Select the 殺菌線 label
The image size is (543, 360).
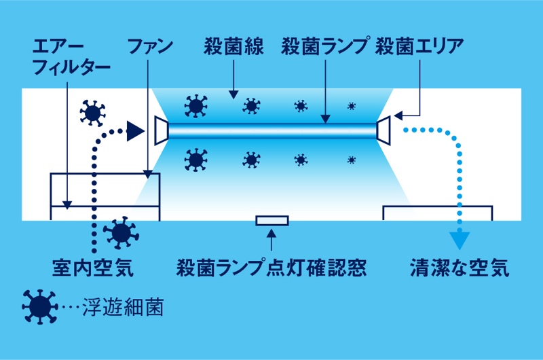click(x=231, y=47)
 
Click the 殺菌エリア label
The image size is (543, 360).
click(x=419, y=47)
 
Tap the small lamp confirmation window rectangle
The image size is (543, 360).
click(x=271, y=220)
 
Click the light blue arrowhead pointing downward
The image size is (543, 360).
click(x=460, y=240)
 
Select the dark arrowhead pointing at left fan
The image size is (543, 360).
click(x=136, y=130)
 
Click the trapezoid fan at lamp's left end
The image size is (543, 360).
click(x=160, y=130)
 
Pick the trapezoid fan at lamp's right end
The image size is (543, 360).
click(x=383, y=130)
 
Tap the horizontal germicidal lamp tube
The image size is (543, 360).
click(x=271, y=130)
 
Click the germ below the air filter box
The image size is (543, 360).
click(x=120, y=233)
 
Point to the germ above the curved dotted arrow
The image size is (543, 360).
click(x=93, y=111)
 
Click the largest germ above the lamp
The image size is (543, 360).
click(x=195, y=105)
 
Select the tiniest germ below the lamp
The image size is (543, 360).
click(x=352, y=160)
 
